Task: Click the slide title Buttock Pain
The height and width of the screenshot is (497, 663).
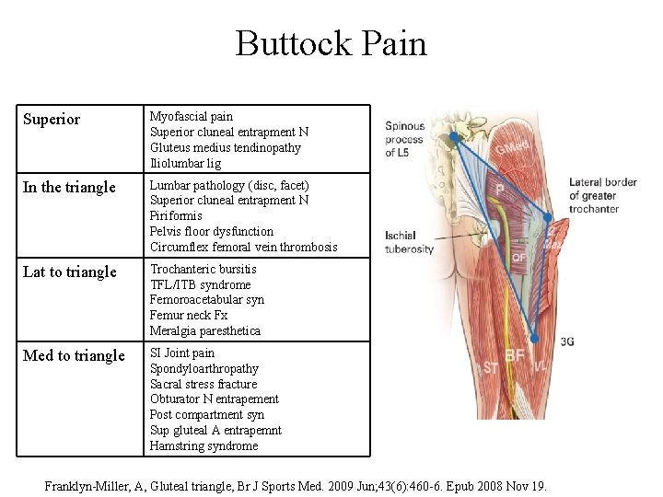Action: (x=331, y=43)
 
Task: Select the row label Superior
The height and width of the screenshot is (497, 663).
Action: (x=51, y=120)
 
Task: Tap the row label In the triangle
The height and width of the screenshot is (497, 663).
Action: (x=69, y=188)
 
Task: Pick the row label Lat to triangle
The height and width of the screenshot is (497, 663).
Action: (x=69, y=272)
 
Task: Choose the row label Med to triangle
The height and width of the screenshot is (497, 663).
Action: (x=74, y=356)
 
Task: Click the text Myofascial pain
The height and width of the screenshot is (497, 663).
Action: (x=192, y=117)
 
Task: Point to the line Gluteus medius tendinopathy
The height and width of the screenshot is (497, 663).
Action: (x=225, y=148)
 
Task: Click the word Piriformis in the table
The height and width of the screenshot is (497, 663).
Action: (x=176, y=216)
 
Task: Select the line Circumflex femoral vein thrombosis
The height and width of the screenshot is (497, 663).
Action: (x=243, y=247)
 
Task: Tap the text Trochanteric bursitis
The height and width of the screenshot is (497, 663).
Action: (x=203, y=270)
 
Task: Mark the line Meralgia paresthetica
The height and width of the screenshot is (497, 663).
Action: (x=204, y=331)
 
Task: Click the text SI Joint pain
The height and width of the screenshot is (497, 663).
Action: (x=182, y=353)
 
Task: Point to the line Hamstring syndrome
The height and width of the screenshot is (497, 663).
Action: (x=204, y=446)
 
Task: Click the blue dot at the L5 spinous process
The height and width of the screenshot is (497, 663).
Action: (x=453, y=138)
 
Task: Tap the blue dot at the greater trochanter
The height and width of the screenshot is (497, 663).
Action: (x=547, y=218)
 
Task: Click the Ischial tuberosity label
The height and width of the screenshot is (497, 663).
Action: (x=409, y=242)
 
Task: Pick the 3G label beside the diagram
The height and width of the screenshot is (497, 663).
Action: (x=567, y=341)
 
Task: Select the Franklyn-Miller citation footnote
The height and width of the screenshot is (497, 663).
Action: (x=296, y=485)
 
